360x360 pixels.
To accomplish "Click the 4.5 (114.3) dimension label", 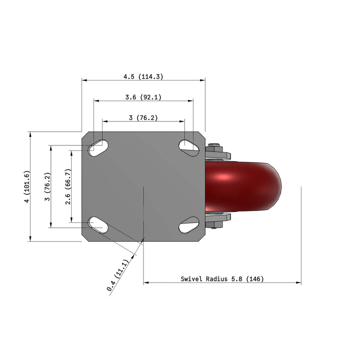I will (143, 76).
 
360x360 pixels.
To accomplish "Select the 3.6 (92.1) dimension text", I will (143, 97).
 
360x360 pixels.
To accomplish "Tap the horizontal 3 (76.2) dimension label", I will (143, 118).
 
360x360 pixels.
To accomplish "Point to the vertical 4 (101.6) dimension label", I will (27, 187).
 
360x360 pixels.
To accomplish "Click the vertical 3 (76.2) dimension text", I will (47, 187).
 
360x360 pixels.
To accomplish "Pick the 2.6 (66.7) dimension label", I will (68, 187).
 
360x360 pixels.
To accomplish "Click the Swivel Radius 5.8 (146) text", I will (222, 279).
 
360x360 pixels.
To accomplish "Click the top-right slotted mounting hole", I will (189, 145).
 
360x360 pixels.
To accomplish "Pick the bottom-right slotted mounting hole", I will (189, 225).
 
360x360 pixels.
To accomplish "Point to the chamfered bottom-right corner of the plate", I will (202, 238).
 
